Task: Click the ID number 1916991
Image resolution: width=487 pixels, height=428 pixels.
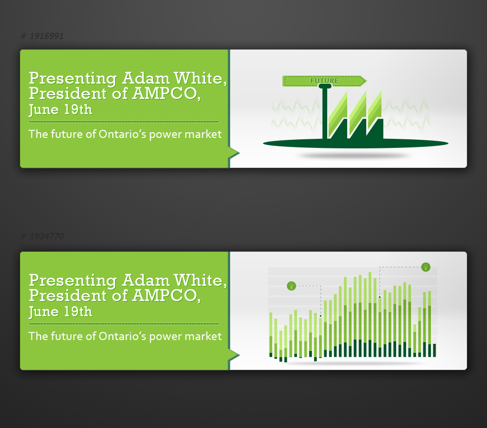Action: [x=46, y=36]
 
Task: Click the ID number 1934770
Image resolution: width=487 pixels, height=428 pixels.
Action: [x=46, y=236]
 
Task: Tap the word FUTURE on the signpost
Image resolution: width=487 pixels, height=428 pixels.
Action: [x=324, y=81]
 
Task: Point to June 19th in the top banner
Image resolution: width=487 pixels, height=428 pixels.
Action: [x=60, y=110]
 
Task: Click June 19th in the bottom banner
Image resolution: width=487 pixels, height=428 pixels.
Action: [x=60, y=312]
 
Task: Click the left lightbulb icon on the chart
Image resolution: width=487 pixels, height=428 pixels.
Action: [x=292, y=286]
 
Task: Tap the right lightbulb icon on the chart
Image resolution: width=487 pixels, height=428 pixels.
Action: [x=426, y=267]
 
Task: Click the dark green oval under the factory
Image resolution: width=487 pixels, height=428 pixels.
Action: [x=285, y=143]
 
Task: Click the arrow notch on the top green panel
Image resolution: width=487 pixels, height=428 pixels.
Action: [x=234, y=153]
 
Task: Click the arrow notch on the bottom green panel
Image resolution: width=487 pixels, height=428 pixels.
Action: [x=234, y=355]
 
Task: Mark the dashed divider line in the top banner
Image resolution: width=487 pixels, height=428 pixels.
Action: [x=124, y=122]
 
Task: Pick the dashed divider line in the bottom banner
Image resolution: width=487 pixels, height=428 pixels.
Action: [x=124, y=324]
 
